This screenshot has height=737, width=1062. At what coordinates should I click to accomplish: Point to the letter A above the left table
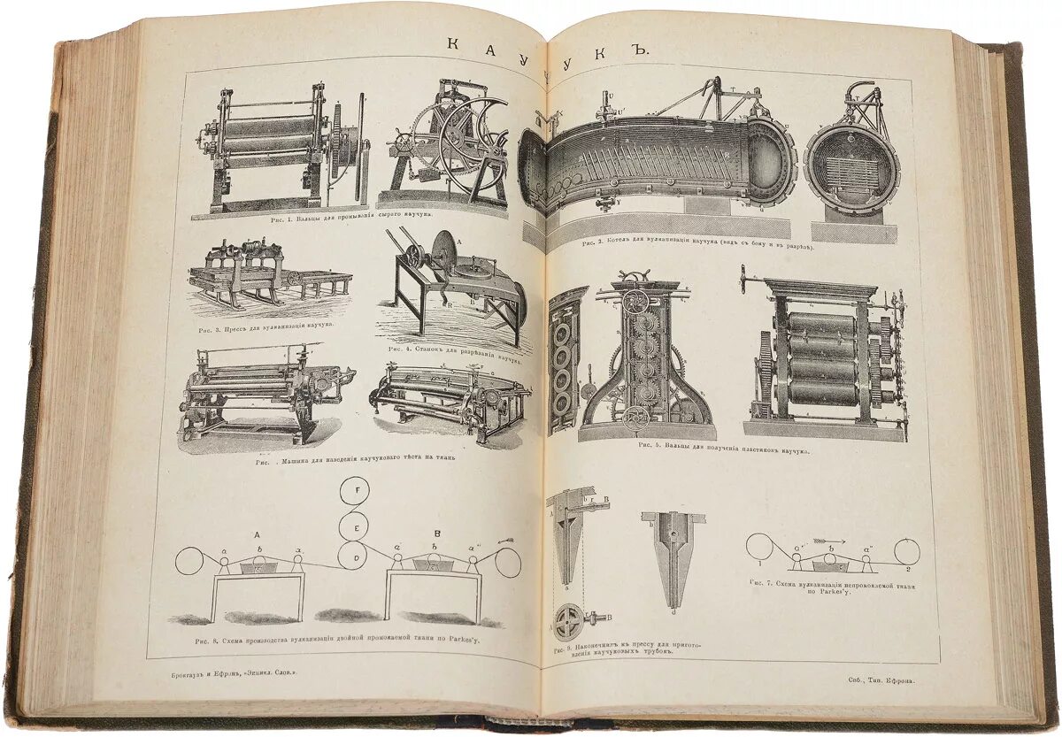pos(257,534)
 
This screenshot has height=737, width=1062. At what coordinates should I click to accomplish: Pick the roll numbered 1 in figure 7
pos(759,549)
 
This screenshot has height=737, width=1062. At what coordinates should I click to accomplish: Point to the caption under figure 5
pos(723,449)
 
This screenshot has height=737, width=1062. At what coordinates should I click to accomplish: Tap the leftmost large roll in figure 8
pos(189,562)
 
